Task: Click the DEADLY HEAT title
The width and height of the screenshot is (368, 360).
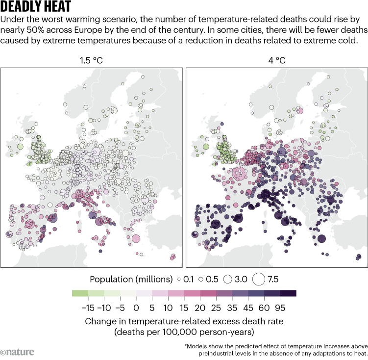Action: tap(36, 7)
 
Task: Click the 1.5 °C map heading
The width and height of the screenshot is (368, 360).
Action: tap(92, 61)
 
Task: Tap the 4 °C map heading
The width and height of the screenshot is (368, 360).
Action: tap(276, 61)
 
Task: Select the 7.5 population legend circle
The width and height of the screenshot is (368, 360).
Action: tap(260, 279)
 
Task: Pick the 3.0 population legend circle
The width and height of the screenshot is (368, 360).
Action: tap(227, 279)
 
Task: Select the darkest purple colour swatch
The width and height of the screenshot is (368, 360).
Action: tap(288, 294)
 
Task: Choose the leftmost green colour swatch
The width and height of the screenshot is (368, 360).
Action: tap(79, 294)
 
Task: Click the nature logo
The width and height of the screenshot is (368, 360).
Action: tap(15, 352)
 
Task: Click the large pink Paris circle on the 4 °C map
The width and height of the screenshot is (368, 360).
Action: tap(240, 173)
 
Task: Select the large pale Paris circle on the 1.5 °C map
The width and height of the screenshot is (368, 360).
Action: tap(54, 173)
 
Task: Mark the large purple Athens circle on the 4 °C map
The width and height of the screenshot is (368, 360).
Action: tap(321, 239)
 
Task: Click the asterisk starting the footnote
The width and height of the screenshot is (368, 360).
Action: tap(186, 345)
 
